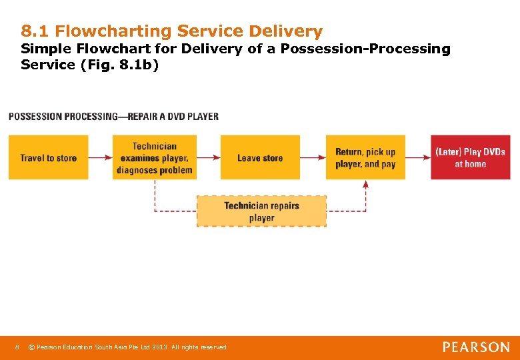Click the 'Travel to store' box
tap(48, 157)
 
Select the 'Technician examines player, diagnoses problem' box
tap(154, 157)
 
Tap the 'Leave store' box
tap(260, 157)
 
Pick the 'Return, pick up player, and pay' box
tap(365, 157)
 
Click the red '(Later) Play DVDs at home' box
tap(470, 157)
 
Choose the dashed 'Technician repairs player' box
tap(261, 211)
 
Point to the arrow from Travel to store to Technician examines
tap(100, 157)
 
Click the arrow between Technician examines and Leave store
tap(208, 157)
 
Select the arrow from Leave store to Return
tap(313, 157)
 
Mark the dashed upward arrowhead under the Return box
tap(365, 185)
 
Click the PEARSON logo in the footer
tap(476, 347)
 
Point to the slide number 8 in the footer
tap(17, 347)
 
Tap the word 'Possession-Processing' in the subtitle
tap(365, 49)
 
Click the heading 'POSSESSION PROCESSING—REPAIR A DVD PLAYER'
tap(113, 116)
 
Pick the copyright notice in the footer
tap(131, 347)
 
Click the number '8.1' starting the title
tap(35, 31)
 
